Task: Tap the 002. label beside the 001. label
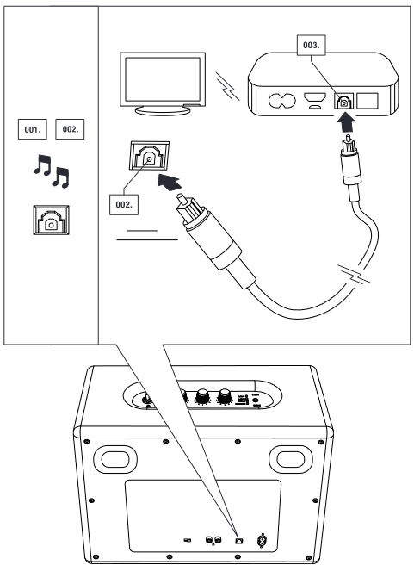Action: click(69, 130)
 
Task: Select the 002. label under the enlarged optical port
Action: click(124, 206)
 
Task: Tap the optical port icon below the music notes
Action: click(50, 220)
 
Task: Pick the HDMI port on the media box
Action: click(316, 98)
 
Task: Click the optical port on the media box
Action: click(343, 100)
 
